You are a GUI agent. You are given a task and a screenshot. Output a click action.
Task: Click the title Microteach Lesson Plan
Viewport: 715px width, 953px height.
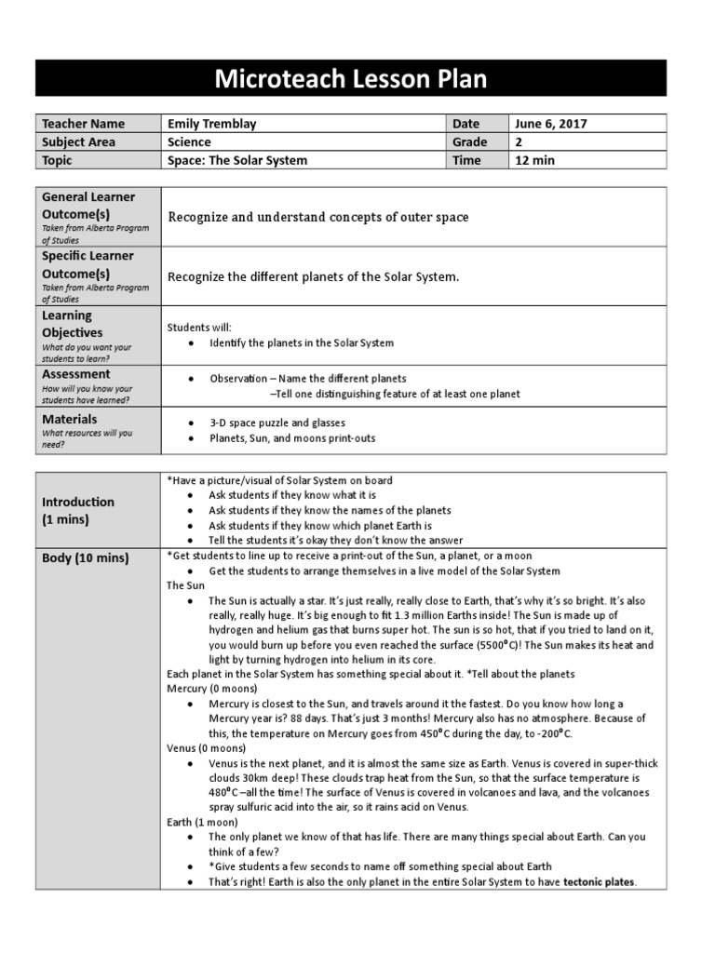point(351,78)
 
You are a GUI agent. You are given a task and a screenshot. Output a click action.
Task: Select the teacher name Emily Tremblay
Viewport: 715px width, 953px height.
point(213,124)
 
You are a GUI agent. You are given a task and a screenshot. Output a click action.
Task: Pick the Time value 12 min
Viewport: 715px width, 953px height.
point(534,160)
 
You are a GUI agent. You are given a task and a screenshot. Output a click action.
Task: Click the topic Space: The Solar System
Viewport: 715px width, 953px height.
point(237,160)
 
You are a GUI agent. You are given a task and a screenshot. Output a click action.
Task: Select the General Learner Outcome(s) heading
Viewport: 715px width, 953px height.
point(88,205)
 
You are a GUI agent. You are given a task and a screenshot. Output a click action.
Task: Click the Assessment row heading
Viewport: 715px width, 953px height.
point(76,374)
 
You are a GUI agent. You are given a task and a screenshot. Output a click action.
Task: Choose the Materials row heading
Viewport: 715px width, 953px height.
point(70,419)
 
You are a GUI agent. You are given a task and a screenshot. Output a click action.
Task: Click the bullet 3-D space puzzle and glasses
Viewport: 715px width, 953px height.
point(271,423)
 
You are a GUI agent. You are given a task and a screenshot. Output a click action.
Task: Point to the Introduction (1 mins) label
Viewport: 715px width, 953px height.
point(78,510)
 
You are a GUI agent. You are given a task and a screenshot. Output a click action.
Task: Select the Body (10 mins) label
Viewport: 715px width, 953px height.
point(86,558)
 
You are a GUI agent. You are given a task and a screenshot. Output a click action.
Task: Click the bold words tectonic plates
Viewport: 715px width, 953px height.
point(600,882)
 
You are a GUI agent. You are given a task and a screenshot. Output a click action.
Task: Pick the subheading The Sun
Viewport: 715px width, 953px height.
point(185,585)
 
